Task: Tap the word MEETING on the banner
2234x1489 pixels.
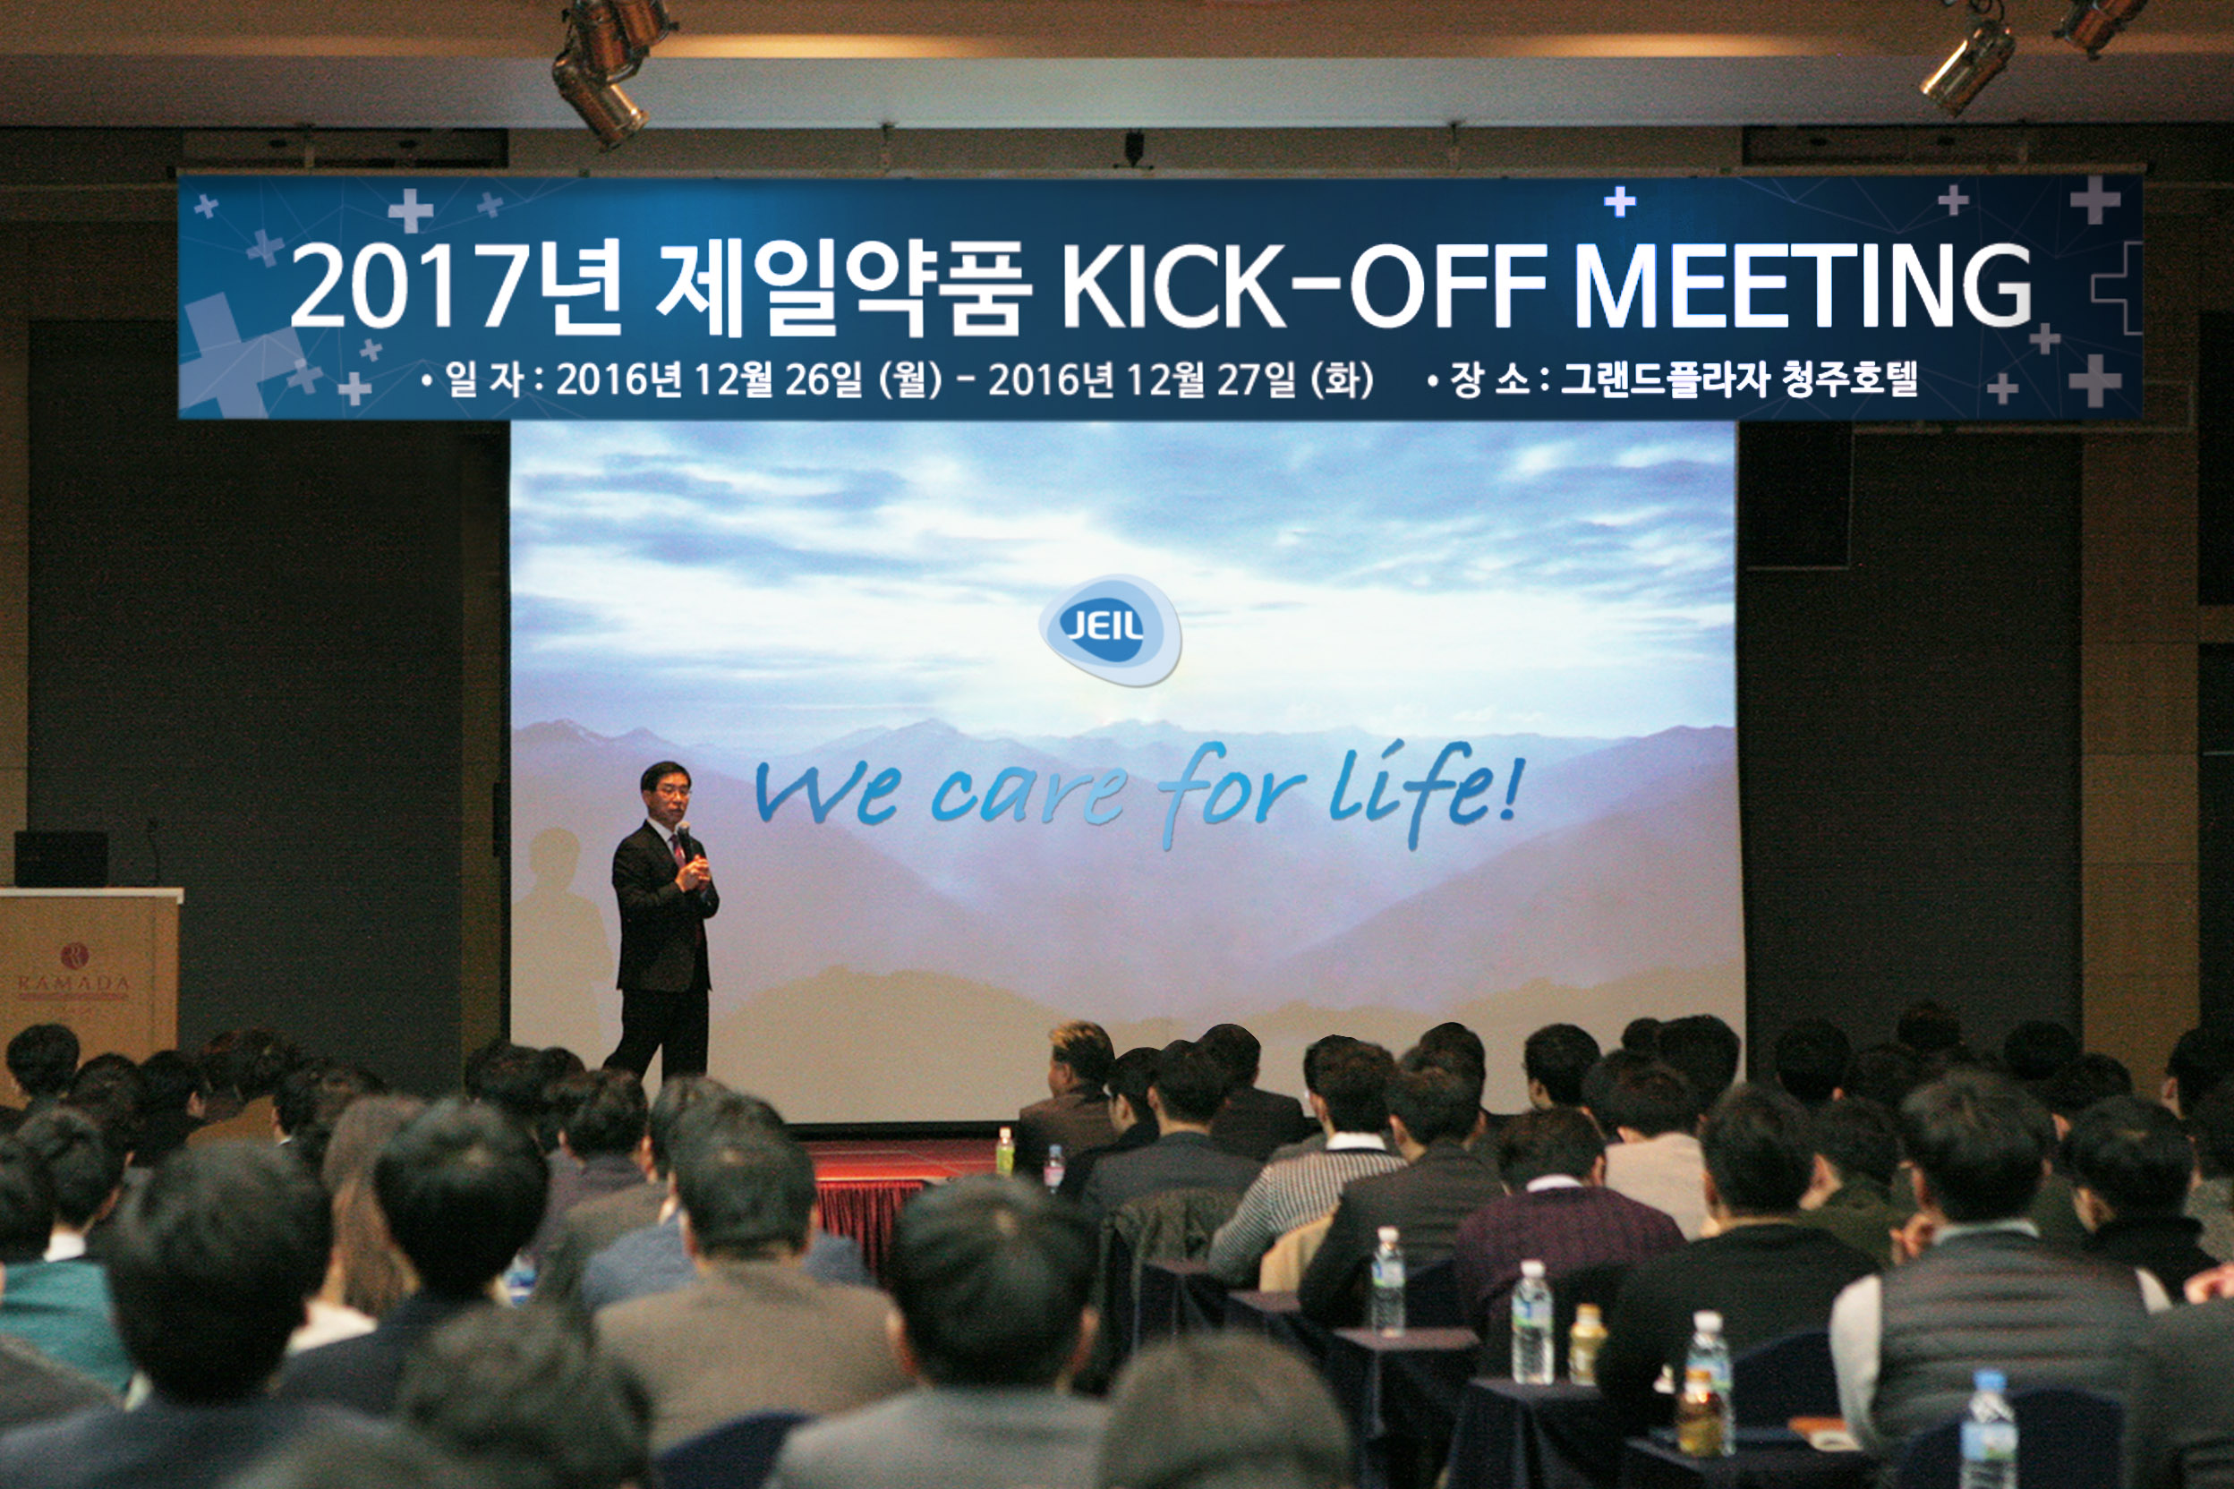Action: [x=1802, y=285]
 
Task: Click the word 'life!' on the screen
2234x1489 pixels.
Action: [x=1426, y=794]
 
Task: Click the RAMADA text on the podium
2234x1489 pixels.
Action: [x=73, y=983]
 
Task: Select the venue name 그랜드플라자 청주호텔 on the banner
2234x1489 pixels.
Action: [x=1738, y=379]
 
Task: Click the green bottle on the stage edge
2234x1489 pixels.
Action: [x=1004, y=1153]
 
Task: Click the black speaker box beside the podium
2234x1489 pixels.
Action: [x=61, y=859]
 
